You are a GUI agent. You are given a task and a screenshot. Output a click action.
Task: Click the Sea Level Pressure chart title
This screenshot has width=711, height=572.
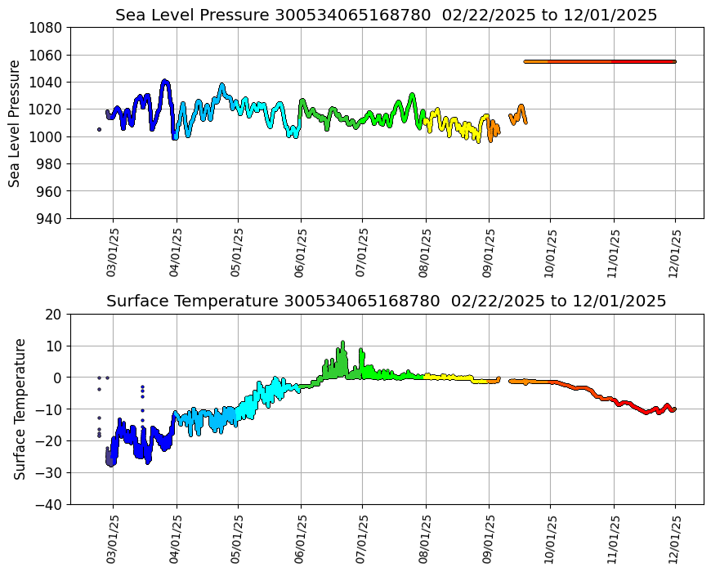tap(386, 15)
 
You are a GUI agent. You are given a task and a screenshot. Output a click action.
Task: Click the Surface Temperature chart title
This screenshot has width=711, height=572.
tap(386, 301)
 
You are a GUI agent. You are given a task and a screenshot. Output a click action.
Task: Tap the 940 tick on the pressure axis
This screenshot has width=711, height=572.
tap(51, 218)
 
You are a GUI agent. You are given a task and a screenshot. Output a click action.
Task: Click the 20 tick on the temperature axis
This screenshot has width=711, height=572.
tap(54, 314)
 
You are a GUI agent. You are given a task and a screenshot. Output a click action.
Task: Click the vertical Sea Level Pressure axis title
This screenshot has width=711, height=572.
tap(15, 123)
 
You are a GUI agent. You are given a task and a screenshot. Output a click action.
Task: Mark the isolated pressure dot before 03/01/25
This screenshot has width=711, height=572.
tap(99, 129)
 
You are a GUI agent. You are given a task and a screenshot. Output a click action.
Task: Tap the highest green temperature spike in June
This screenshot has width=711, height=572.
tap(343, 343)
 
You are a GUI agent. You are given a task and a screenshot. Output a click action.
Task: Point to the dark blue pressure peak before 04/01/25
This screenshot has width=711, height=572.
tap(165, 82)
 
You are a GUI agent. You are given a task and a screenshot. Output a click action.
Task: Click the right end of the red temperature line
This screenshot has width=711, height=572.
tap(674, 409)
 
